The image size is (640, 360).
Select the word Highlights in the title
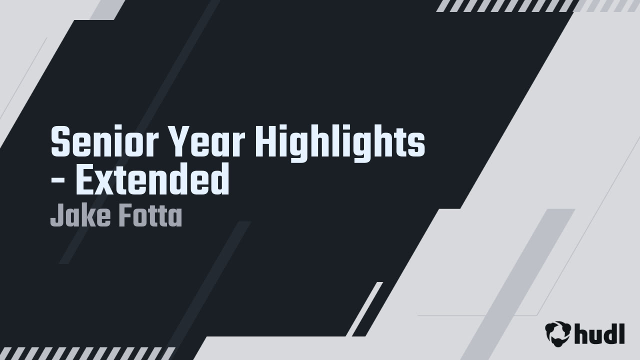pyautogui.click(x=340, y=142)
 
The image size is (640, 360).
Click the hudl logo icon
pyautogui.click(x=557, y=333)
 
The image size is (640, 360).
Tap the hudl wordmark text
pyautogui.click(x=599, y=333)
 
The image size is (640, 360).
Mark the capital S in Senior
pyautogui.click(x=61, y=142)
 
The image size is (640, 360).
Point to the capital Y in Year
pyautogui.click(x=178, y=142)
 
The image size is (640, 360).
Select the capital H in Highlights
pyautogui.click(x=265, y=142)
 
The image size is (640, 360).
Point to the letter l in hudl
pyautogui.click(x=621, y=332)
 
